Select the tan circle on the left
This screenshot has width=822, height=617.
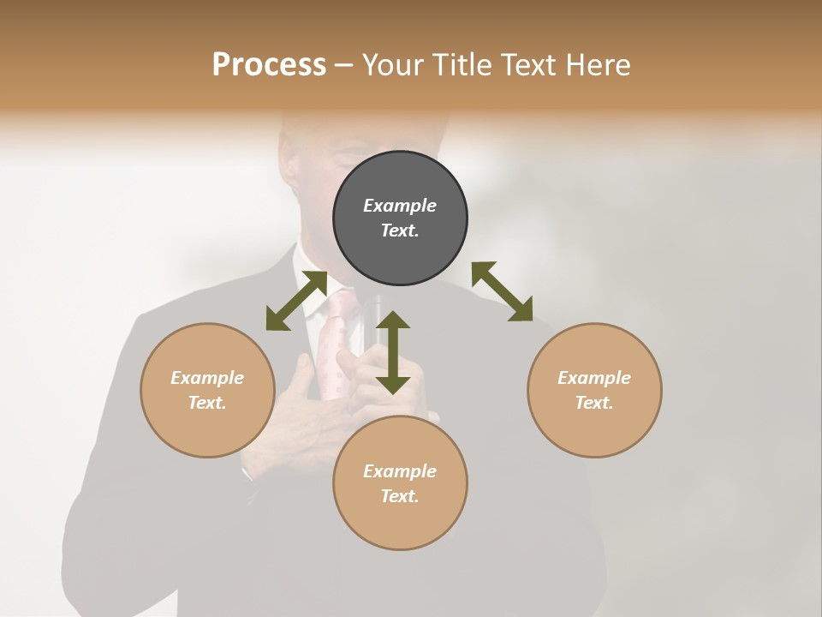[x=207, y=390]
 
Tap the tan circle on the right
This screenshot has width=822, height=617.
[x=594, y=390]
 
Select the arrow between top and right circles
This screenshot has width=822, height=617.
[x=503, y=291]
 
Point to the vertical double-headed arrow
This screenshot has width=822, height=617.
[x=393, y=352]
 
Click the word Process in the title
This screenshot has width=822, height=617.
[x=269, y=64]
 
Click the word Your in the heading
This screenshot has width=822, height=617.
[x=394, y=64]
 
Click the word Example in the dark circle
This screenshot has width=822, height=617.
[x=400, y=206]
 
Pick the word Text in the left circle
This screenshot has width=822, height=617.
[x=206, y=403]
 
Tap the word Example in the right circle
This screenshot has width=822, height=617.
[x=594, y=378]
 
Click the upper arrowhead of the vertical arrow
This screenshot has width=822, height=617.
[x=393, y=321]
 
